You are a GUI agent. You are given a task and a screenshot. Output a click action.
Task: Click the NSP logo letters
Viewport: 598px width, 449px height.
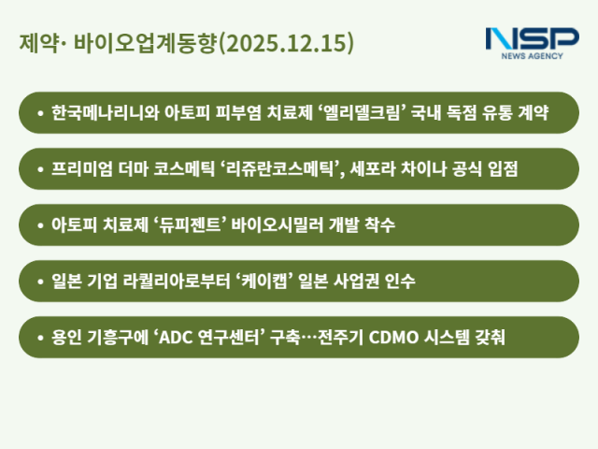(531, 40)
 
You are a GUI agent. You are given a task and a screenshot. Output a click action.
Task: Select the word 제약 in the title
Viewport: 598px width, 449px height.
(34, 43)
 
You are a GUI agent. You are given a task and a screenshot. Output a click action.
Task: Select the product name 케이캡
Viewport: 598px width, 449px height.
(278, 281)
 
